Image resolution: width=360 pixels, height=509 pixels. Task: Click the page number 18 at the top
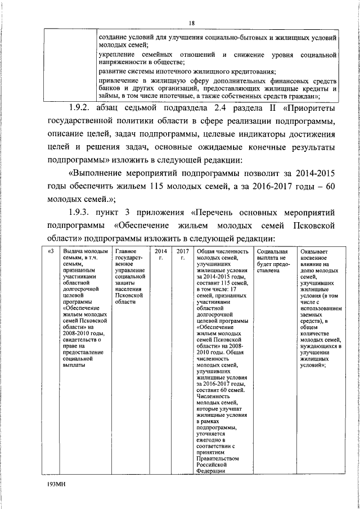click(x=192, y=22)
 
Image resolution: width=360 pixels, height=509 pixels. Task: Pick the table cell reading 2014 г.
click(x=160, y=254)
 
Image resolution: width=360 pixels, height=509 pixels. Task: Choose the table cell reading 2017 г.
click(x=182, y=254)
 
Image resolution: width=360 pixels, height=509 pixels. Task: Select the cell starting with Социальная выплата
click(x=273, y=260)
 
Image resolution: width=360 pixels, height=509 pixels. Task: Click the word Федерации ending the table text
click(x=211, y=471)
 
